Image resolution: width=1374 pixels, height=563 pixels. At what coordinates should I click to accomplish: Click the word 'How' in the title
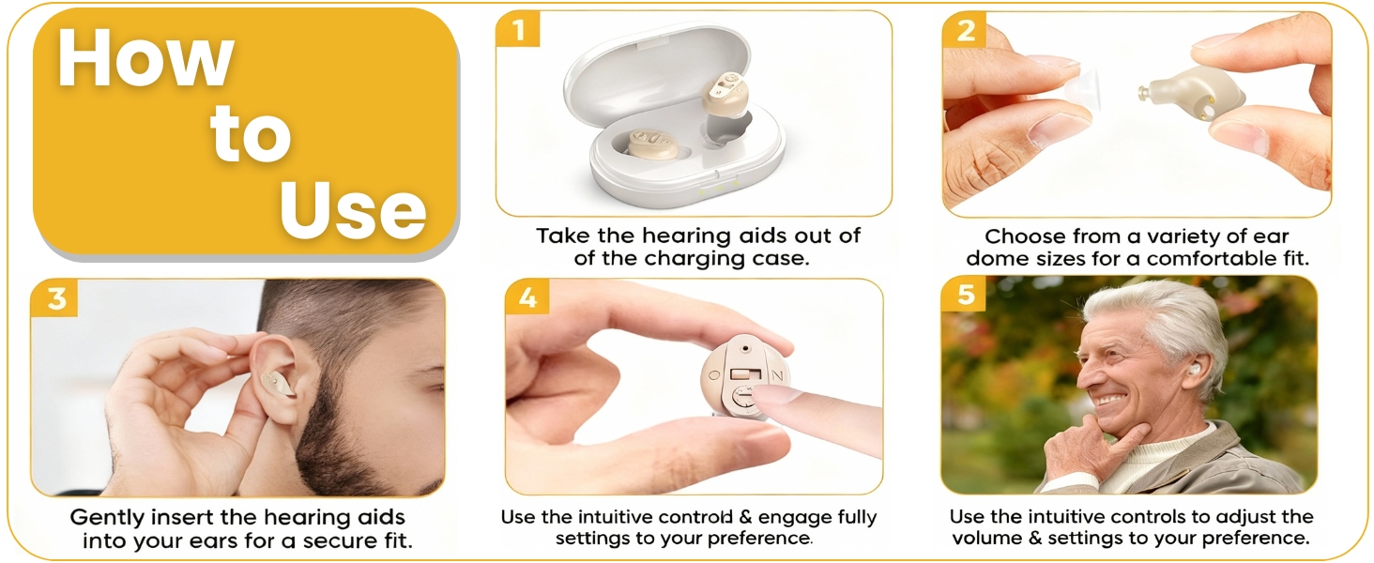tap(145, 59)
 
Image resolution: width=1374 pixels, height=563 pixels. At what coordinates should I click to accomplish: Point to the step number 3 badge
tap(55, 298)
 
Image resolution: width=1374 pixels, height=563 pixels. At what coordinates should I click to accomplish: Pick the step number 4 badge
tap(527, 298)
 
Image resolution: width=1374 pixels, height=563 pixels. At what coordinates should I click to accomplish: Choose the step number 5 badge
tap(965, 297)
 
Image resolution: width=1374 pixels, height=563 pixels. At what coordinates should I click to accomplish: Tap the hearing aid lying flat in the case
tap(648, 144)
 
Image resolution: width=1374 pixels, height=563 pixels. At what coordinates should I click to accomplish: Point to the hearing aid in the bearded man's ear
tap(278, 380)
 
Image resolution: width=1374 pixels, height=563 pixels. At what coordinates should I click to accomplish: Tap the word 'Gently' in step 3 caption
tap(110, 518)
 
